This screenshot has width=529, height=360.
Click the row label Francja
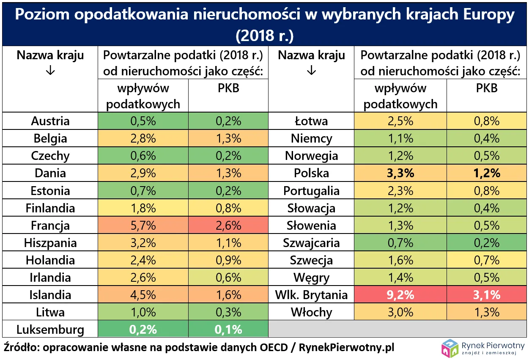point(50,225)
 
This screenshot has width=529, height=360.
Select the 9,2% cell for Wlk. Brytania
point(400,295)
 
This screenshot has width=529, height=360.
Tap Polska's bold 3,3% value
point(400,173)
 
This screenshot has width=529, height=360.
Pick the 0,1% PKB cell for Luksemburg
point(228,330)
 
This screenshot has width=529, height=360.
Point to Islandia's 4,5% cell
point(143,295)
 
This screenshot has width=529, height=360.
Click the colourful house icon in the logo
point(450,348)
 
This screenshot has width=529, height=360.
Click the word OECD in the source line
point(272,347)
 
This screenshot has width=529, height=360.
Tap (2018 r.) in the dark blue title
point(264,36)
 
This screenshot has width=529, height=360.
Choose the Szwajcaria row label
point(311,243)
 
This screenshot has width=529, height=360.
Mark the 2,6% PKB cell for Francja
point(228,225)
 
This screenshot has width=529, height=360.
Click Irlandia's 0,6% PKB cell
point(228,278)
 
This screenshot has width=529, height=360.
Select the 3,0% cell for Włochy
point(400,312)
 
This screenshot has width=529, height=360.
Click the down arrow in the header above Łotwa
point(311,71)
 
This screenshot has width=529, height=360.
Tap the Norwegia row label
point(311,156)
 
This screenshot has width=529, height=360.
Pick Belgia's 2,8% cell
point(143,138)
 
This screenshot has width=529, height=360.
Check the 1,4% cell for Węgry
point(400,278)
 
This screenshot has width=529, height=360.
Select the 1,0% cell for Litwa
point(143,312)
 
